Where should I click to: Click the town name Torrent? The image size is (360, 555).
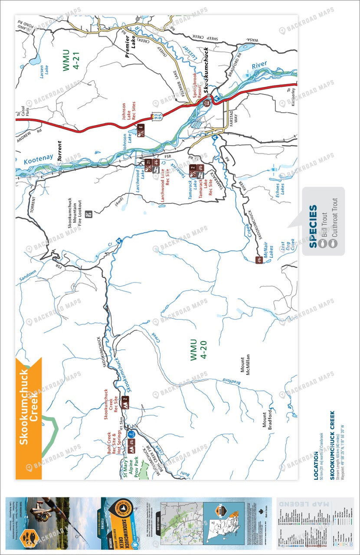59,151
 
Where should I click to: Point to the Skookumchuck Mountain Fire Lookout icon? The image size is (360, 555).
90,214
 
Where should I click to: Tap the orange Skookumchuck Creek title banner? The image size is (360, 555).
29,405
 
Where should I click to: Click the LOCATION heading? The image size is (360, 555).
315,466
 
